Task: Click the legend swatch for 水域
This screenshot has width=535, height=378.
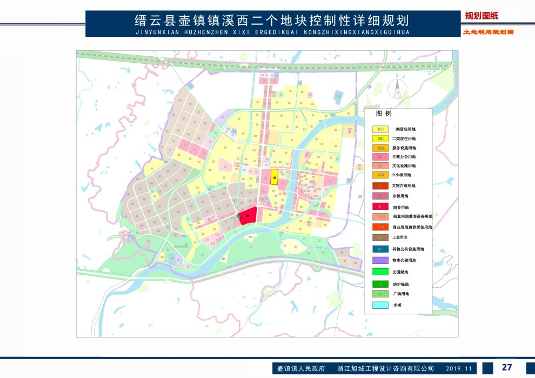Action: pyautogui.click(x=380, y=305)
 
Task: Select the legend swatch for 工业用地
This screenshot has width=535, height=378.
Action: pyautogui.click(x=380, y=237)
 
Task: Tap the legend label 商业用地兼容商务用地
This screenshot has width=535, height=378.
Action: pyautogui.click(x=412, y=216)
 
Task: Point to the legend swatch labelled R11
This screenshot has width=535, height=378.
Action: pyautogui.click(x=380, y=129)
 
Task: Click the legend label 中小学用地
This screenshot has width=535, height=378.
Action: pyautogui.click(x=402, y=175)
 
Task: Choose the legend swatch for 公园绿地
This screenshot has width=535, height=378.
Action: pyautogui.click(x=380, y=271)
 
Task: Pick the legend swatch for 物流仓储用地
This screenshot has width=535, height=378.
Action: pyautogui.click(x=380, y=260)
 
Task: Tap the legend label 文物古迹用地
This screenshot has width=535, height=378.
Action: pyautogui.click(x=404, y=185)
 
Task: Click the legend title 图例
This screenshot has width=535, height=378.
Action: pyautogui.click(x=384, y=114)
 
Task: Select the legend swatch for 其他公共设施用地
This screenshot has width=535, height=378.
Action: pyautogui.click(x=380, y=249)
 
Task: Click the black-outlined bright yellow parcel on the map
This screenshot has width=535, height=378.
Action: pyautogui.click(x=274, y=177)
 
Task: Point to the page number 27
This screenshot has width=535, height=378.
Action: pyautogui.click(x=506, y=367)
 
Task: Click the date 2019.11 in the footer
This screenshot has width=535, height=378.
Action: pyautogui.click(x=459, y=368)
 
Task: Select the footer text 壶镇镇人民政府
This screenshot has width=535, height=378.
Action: pyautogui.click(x=301, y=368)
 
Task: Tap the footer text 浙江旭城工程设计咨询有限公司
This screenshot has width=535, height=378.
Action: pyautogui.click(x=385, y=368)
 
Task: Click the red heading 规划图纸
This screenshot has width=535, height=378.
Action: pyautogui.click(x=482, y=16)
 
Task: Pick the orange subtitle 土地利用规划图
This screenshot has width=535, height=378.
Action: pyautogui.click(x=487, y=32)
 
